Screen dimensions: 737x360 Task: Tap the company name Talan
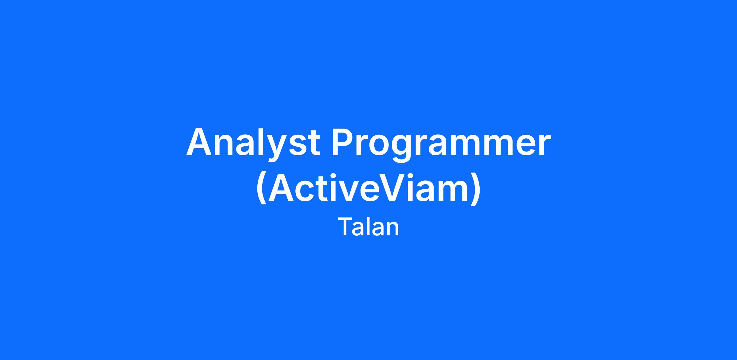click(x=368, y=227)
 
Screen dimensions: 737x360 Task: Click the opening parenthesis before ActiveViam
click(x=261, y=188)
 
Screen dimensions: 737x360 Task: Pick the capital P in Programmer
click(x=343, y=141)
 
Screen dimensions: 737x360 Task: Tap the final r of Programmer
click(x=544, y=145)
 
